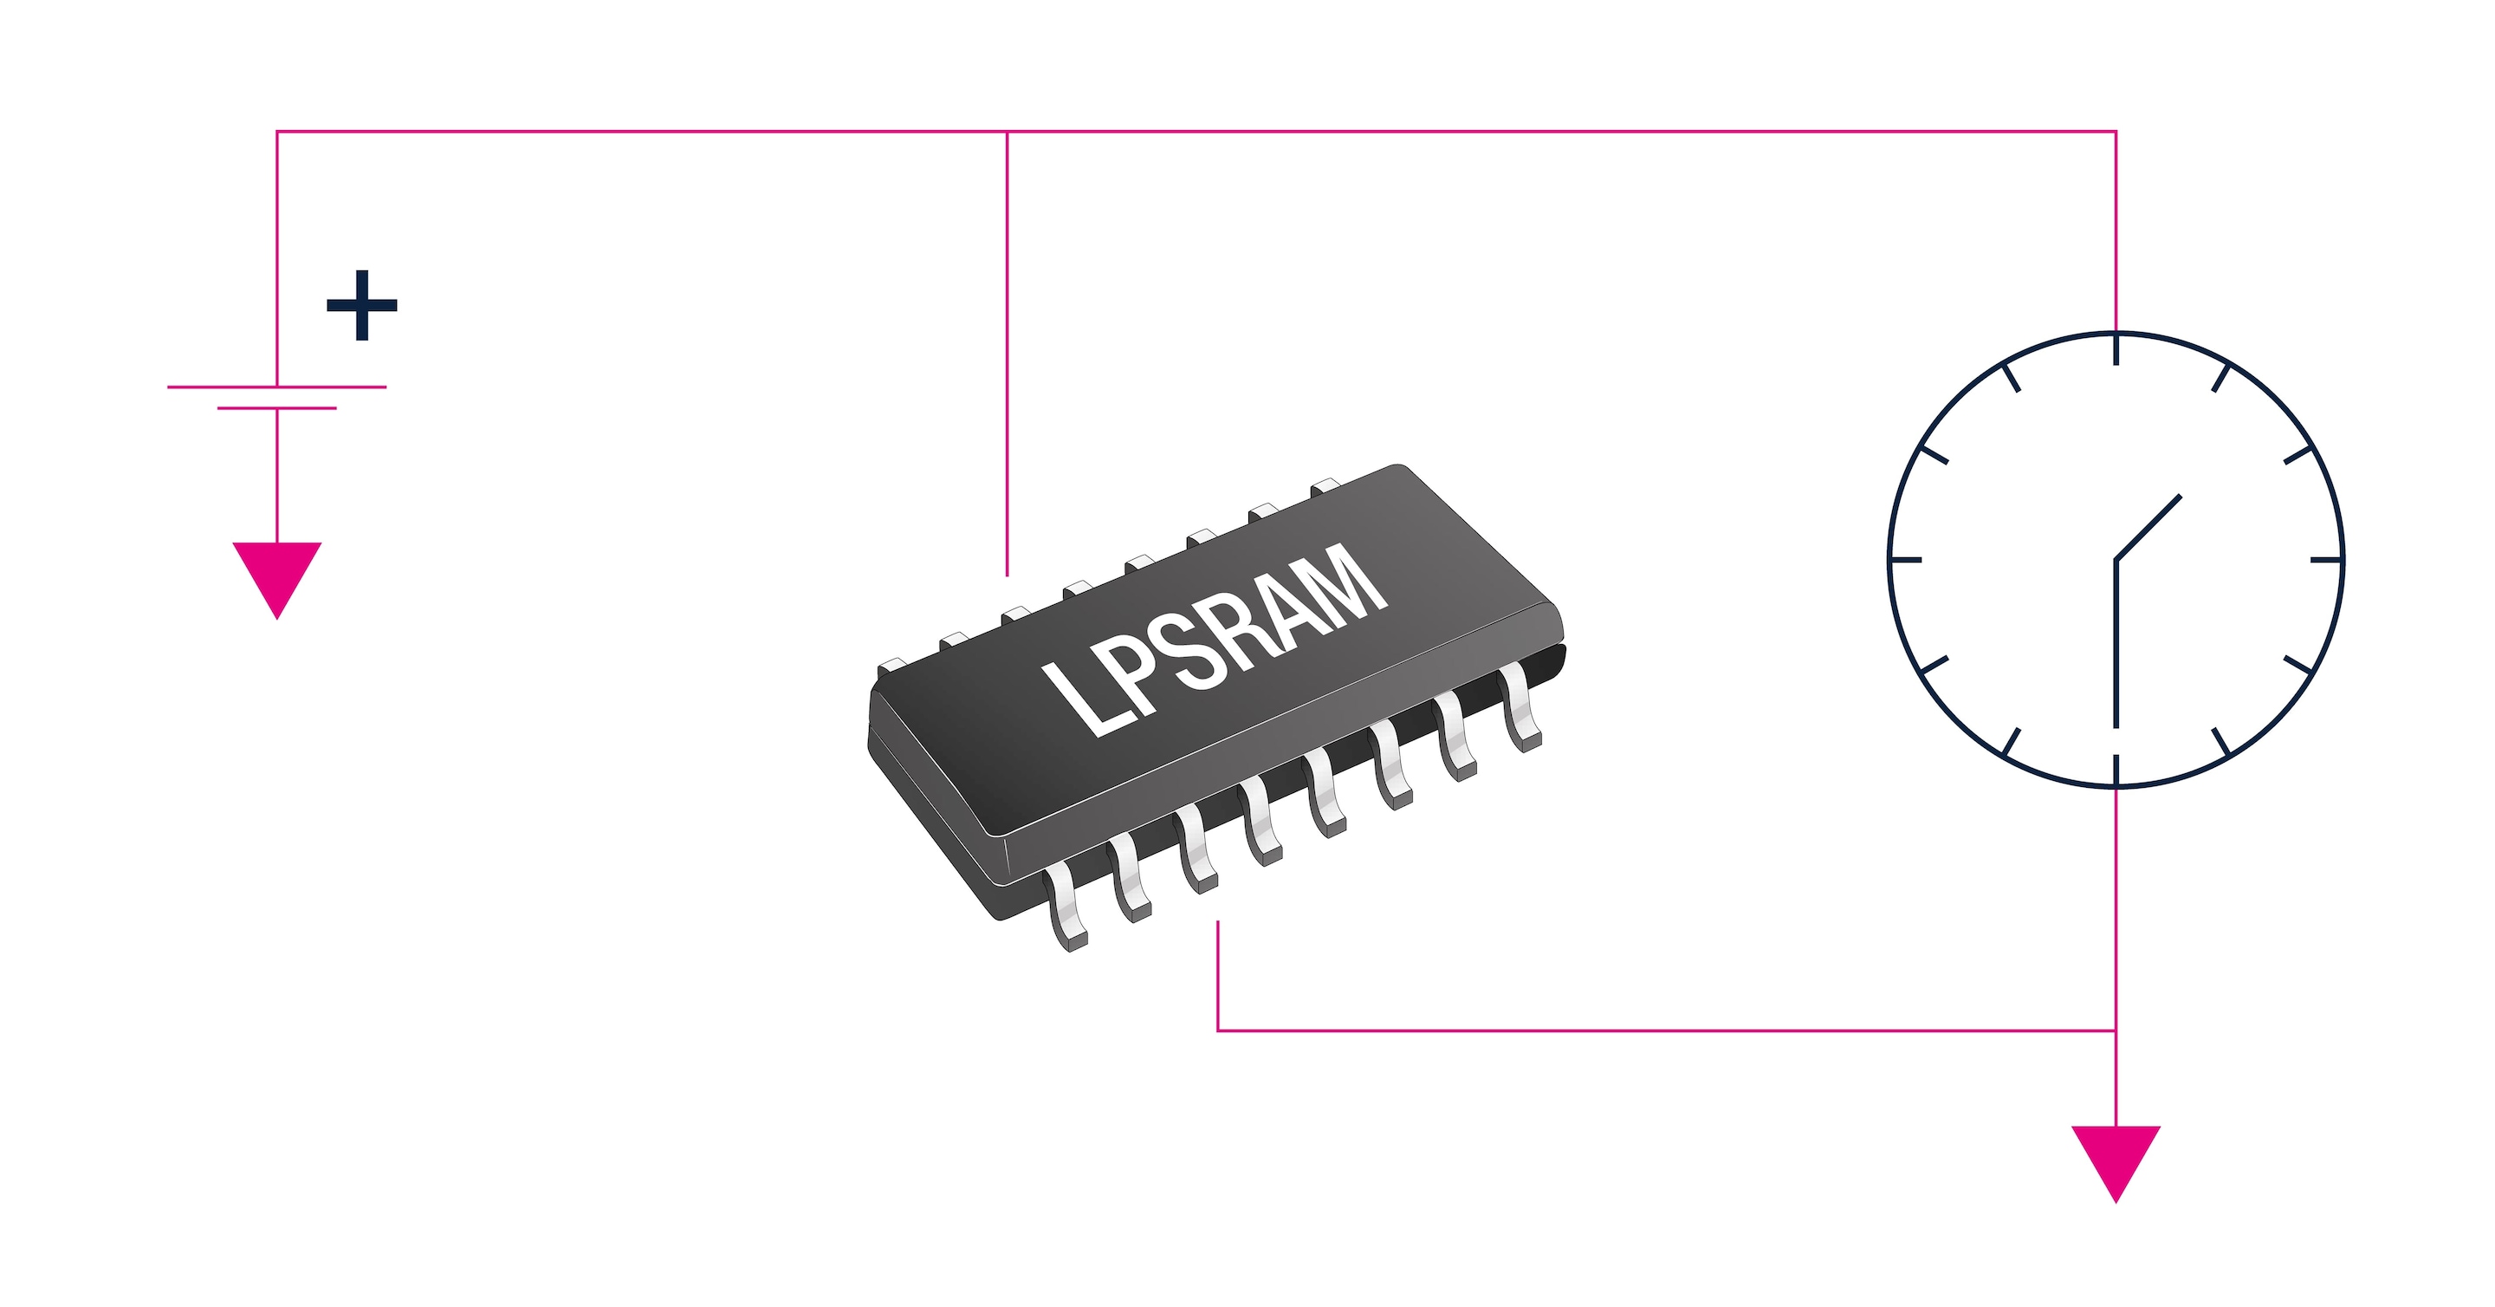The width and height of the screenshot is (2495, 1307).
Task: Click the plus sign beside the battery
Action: (362, 305)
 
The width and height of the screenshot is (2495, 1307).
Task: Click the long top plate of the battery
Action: (277, 387)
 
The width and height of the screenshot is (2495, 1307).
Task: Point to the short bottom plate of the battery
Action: (277, 408)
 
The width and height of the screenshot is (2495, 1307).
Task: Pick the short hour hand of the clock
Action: (2148, 528)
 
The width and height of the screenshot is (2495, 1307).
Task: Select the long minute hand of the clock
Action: (2116, 644)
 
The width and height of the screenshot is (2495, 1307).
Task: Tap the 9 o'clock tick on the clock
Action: (1906, 560)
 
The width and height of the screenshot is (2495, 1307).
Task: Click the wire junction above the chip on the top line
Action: (1008, 131)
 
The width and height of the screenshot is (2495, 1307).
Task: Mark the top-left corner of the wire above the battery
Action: (277, 131)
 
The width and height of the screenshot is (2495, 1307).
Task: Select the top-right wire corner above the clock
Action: (2116, 131)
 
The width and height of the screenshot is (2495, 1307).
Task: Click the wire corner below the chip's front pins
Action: (1217, 1030)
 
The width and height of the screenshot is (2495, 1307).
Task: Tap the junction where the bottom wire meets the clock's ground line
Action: (2116, 1030)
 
